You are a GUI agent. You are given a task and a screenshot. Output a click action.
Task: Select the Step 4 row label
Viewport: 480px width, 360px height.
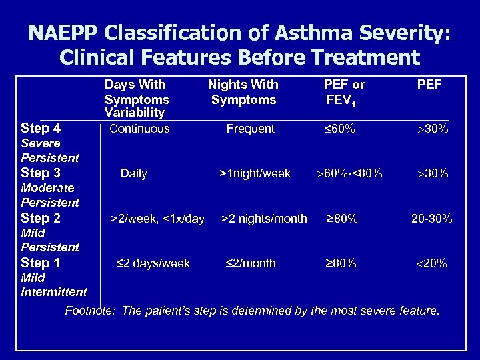[41, 128]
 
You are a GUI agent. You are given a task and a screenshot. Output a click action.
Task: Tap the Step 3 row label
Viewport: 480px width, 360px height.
[41, 173]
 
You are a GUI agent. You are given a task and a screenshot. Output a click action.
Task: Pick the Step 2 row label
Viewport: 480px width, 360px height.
[41, 218]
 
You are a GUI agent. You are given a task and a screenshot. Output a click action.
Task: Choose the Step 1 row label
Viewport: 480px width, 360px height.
[41, 263]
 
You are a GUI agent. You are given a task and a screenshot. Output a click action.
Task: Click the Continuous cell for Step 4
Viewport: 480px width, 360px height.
[139, 129]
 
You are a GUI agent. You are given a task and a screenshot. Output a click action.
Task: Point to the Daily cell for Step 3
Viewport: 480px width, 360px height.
[134, 173]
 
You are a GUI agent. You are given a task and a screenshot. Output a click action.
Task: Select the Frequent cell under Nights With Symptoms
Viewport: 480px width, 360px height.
[250, 129]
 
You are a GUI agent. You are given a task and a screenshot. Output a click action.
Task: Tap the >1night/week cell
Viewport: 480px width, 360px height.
[255, 173]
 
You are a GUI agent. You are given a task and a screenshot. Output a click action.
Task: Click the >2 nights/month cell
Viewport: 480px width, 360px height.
[264, 218]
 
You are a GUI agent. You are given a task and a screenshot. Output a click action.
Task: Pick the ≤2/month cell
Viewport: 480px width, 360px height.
[251, 263]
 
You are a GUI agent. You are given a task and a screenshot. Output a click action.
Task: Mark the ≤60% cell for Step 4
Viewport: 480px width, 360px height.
[339, 129]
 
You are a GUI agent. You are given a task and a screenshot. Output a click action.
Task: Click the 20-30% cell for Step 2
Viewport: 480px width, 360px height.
[432, 218]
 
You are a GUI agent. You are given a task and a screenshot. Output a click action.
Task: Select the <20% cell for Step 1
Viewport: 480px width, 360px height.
[432, 263]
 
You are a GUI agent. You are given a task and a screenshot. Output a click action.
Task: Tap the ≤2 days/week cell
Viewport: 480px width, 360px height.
[154, 263]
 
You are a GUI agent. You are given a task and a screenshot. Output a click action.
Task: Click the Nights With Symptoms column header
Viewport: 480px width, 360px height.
[243, 93]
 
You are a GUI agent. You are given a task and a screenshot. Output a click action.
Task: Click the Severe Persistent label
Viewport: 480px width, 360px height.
[50, 151]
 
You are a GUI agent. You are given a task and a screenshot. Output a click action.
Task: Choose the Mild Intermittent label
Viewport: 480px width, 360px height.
[54, 285]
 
